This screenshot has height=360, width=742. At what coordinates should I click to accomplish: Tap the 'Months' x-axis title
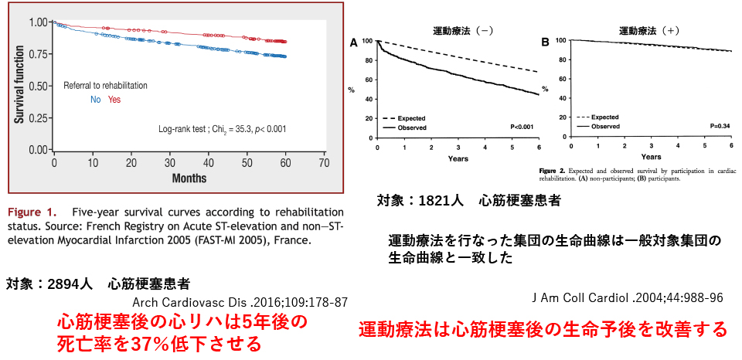pos(189,178)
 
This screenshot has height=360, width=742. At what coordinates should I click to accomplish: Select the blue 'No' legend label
pos(96,100)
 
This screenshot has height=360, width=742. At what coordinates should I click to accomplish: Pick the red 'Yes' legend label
pos(114,100)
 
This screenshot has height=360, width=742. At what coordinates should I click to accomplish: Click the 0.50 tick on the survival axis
pos(36,86)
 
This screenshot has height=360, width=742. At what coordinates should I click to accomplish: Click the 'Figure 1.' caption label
pos(32,212)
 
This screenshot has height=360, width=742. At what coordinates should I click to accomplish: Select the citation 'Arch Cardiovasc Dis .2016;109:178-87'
pos(240,302)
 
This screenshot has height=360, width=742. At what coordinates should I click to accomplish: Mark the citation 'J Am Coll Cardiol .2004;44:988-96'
pos(628,298)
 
